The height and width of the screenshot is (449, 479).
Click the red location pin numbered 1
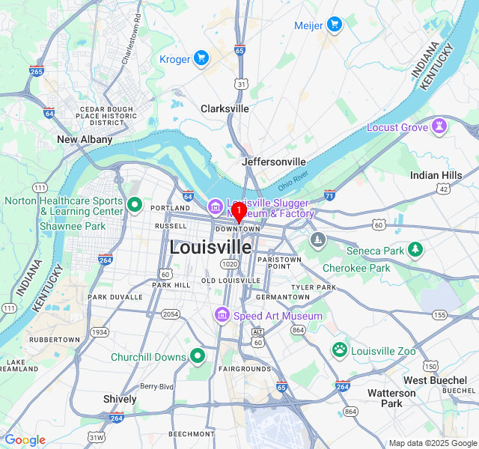tap(238, 211)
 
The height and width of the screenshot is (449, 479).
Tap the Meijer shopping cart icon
tap(334, 25)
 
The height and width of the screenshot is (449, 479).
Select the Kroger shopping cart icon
tap(201, 58)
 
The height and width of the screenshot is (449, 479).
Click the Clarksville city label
tap(225, 109)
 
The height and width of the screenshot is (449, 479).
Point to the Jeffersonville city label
tap(274, 162)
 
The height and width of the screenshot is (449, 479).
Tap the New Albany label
tap(85, 139)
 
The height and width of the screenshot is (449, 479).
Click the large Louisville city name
tap(210, 246)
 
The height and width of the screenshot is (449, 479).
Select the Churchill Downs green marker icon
tap(198, 356)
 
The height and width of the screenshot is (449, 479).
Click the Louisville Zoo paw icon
tap(340, 349)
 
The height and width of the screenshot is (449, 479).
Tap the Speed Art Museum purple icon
tap(222, 315)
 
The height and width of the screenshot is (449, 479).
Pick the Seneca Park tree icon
tap(416, 250)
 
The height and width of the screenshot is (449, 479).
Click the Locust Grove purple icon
tap(439, 126)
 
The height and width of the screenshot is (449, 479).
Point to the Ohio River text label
tap(293, 180)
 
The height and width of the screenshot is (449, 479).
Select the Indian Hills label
tap(436, 175)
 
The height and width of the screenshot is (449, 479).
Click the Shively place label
tap(120, 399)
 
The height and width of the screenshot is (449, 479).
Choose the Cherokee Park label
tap(356, 268)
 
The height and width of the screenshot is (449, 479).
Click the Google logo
tap(25, 440)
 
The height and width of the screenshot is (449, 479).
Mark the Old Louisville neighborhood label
tap(231, 281)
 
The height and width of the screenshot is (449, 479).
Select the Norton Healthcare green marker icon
tap(135, 204)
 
